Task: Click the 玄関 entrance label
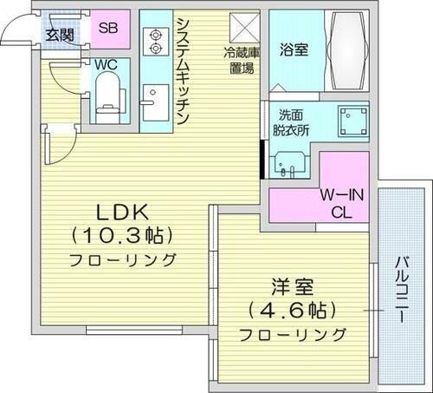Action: pos(60,36)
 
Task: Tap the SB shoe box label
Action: pos(108,28)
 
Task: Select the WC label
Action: pos(107,64)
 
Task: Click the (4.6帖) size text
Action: pos(293,310)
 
